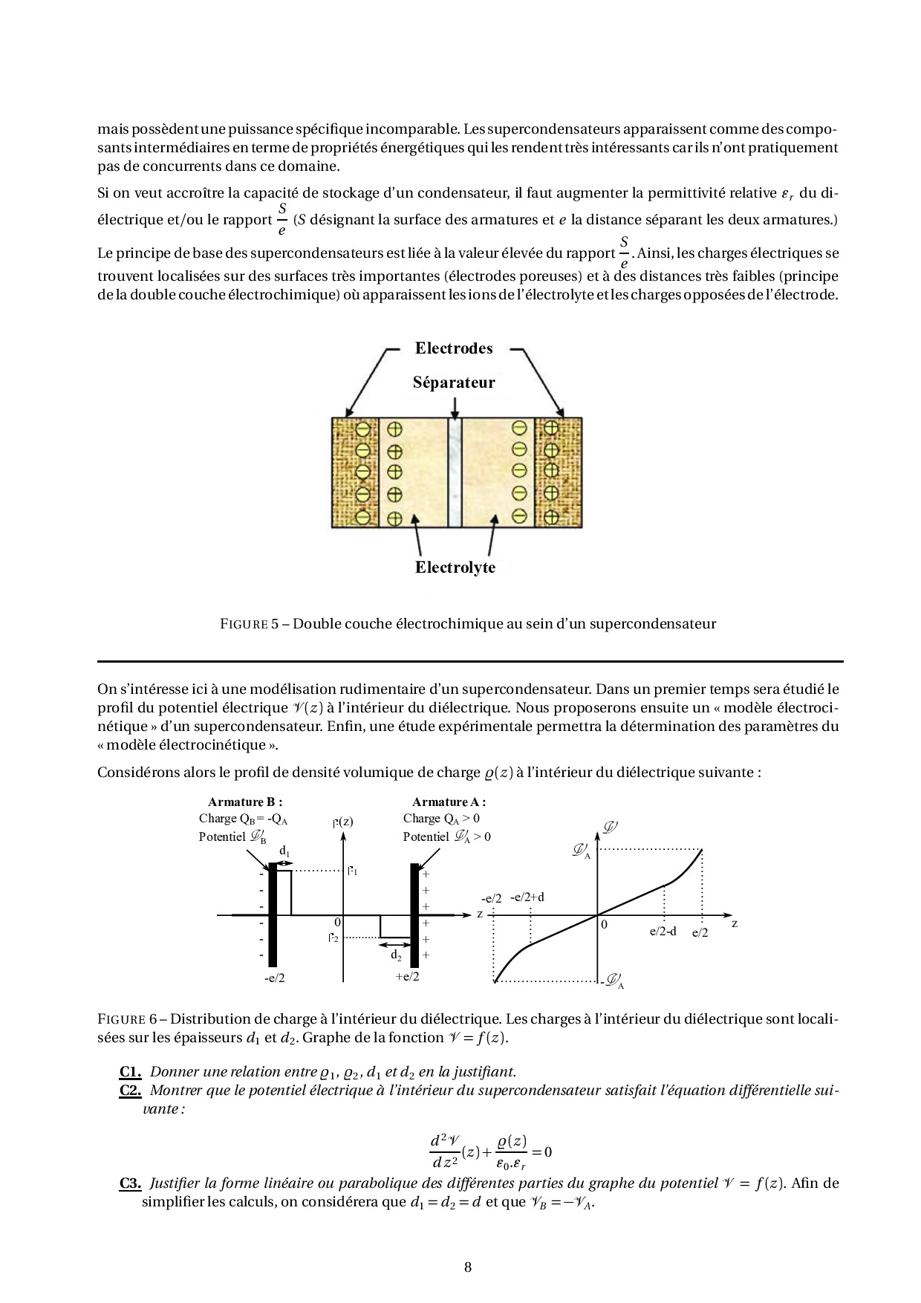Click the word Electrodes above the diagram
point(453,348)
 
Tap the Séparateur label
point(453,383)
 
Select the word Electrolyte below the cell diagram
point(455,568)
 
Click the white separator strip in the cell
point(455,472)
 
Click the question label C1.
point(130,1072)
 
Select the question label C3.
point(130,1183)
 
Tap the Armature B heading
point(245,802)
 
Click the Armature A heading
point(449,802)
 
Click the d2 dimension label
point(396,955)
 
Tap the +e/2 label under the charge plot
point(407,976)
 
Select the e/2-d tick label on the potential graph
point(663,932)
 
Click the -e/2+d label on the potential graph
point(527,897)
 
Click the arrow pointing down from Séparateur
point(454,406)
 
